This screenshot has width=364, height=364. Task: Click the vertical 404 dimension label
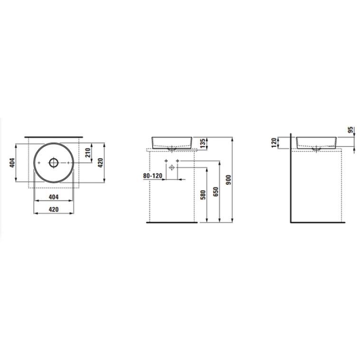click(12, 163)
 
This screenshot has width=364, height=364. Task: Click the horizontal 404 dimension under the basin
click(54, 197)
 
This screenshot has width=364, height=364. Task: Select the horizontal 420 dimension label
click(54, 209)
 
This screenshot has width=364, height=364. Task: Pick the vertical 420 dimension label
click(100, 163)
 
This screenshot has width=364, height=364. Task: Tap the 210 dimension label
click(88, 153)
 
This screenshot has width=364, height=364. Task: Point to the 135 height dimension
click(203, 143)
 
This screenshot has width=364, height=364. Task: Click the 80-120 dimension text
click(152, 176)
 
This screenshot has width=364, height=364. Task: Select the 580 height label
click(203, 195)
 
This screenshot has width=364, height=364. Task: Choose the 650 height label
click(215, 192)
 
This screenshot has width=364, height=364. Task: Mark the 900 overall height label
click(229, 180)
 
